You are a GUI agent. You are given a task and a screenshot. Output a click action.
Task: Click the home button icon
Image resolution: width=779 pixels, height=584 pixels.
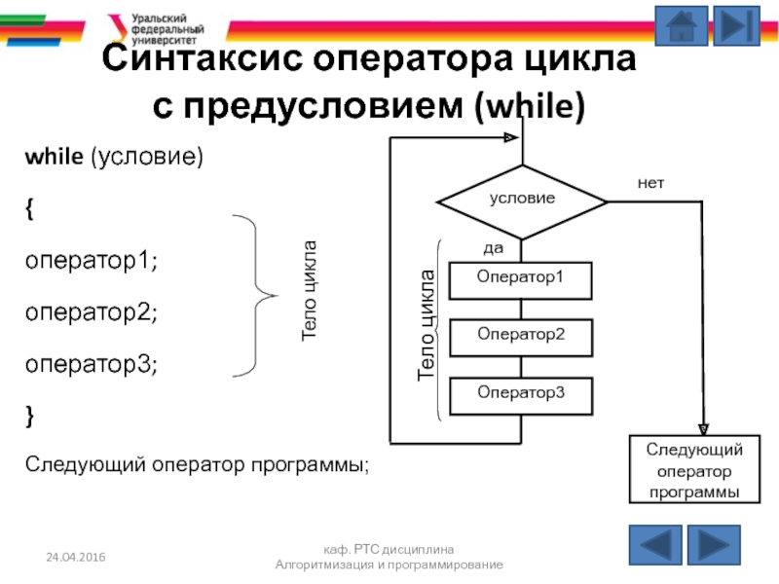click(681, 26)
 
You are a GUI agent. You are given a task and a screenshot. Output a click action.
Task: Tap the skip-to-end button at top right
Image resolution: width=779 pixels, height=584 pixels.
click(735, 26)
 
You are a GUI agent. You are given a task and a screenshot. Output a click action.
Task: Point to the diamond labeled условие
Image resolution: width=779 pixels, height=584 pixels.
click(522, 199)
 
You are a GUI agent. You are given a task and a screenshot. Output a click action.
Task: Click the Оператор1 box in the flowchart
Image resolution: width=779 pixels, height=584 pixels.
click(520, 278)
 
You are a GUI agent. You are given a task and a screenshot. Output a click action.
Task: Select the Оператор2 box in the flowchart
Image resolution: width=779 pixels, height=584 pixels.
click(520, 336)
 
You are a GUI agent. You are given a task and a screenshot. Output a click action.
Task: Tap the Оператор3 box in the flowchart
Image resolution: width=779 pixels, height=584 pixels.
click(520, 394)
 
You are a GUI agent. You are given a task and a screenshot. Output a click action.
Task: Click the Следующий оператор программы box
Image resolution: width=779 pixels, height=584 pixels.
click(694, 470)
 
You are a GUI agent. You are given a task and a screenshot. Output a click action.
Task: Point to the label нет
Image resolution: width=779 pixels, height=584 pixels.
click(650, 182)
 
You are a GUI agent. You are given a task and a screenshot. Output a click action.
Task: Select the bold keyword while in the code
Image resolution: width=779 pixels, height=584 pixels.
click(55, 157)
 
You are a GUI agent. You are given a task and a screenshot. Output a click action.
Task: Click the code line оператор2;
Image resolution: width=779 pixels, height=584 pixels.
click(91, 313)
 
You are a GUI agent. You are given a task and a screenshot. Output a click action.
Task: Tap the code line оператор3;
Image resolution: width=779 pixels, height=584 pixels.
click(91, 365)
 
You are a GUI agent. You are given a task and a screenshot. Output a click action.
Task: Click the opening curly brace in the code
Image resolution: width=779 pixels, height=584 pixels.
click(30, 209)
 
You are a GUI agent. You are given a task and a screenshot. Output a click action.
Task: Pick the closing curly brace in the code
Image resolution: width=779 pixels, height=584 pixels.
click(30, 417)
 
